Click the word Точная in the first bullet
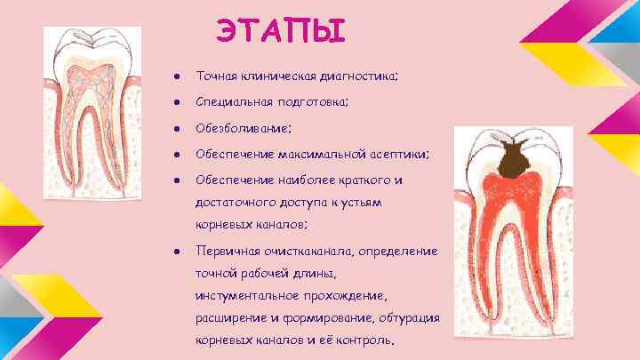[216, 78]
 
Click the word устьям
[359, 203]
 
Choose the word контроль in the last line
[364, 340]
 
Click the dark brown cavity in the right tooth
[514, 163]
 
